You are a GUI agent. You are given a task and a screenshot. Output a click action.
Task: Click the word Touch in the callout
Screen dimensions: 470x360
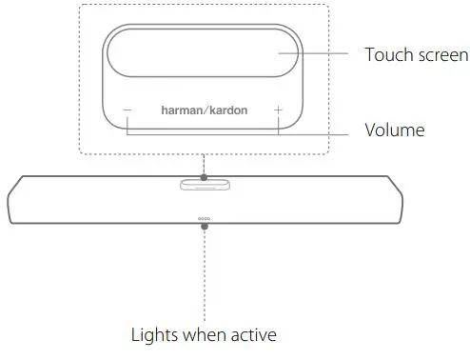tap(386, 55)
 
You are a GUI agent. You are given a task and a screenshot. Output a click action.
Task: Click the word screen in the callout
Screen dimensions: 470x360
tap(440, 55)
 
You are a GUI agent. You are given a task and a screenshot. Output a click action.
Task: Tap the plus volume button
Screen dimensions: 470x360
tap(278, 110)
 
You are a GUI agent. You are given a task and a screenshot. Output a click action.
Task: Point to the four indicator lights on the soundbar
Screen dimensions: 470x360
tap(204, 218)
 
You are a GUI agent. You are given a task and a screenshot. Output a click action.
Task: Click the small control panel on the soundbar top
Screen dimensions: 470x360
tap(204, 184)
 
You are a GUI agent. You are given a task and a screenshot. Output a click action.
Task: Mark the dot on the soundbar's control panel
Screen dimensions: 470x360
tap(204, 175)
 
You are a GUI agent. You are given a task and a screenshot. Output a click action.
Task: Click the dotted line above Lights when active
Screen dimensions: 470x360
tap(204, 276)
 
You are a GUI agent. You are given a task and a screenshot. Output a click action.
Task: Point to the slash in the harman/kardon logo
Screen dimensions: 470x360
tap(204, 110)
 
